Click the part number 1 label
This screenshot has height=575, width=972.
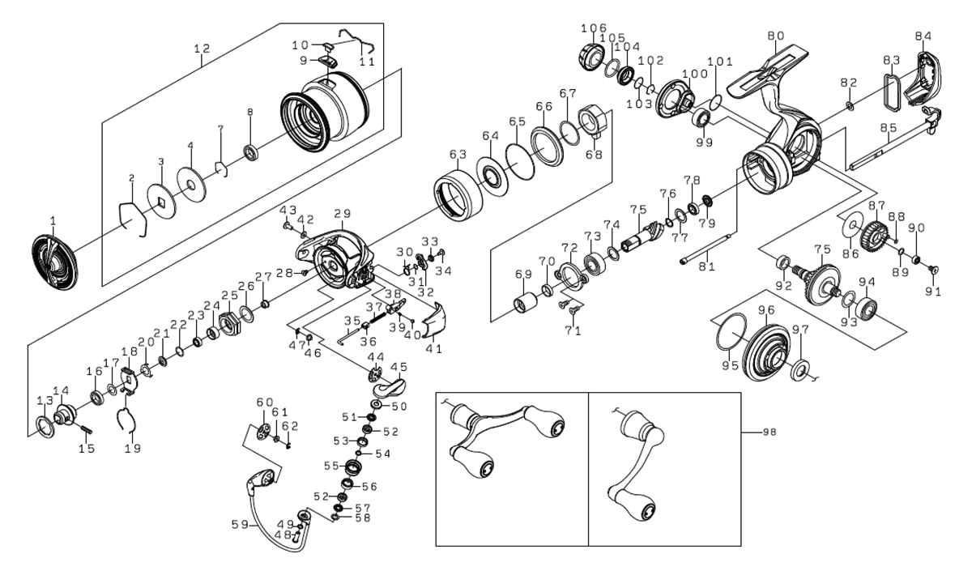[53, 219]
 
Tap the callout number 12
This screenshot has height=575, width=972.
[202, 49]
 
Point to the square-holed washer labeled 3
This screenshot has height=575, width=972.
[160, 200]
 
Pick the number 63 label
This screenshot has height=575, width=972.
[458, 154]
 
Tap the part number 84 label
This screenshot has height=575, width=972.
[923, 36]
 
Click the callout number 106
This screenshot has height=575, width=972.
[594, 28]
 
